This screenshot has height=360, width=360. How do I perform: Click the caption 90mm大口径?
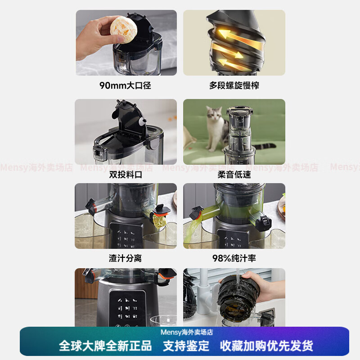point(125,85)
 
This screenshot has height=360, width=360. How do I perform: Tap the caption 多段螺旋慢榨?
point(234,85)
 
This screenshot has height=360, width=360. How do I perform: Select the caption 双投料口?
point(126,175)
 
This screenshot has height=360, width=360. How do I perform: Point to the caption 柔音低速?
point(234,175)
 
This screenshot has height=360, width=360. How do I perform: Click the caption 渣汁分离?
point(126,258)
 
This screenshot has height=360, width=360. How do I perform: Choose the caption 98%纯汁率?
point(234,258)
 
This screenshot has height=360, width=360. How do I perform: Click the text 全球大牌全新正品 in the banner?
point(105,346)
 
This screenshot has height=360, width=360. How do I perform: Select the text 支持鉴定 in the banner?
point(186,346)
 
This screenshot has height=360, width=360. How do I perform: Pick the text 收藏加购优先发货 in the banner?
point(266,346)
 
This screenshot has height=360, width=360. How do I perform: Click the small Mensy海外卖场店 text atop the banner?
point(187,332)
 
